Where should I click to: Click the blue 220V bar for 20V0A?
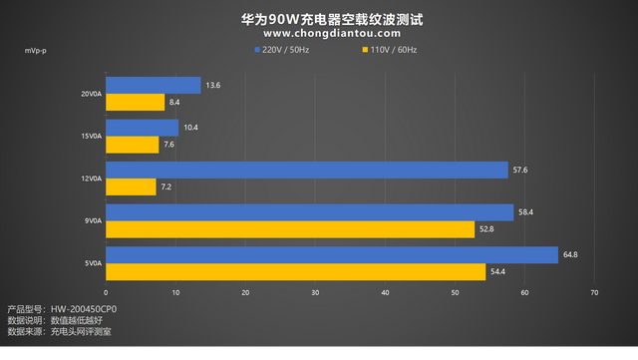point(153,86)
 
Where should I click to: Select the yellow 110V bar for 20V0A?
point(135,102)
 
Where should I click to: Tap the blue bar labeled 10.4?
point(142,128)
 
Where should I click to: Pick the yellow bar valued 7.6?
point(132,145)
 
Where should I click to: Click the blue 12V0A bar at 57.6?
point(306,170)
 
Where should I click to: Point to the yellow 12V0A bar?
point(131,186)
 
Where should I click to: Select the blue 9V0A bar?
point(309,212)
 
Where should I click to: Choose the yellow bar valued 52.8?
point(289,229)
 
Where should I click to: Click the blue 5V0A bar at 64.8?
point(331,255)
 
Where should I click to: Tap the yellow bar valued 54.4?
point(295,271)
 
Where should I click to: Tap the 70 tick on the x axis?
point(594,292)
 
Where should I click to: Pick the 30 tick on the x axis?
point(315,292)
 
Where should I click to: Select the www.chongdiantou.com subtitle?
point(319,33)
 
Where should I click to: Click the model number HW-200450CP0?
point(90,309)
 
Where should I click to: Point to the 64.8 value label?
point(570,255)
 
